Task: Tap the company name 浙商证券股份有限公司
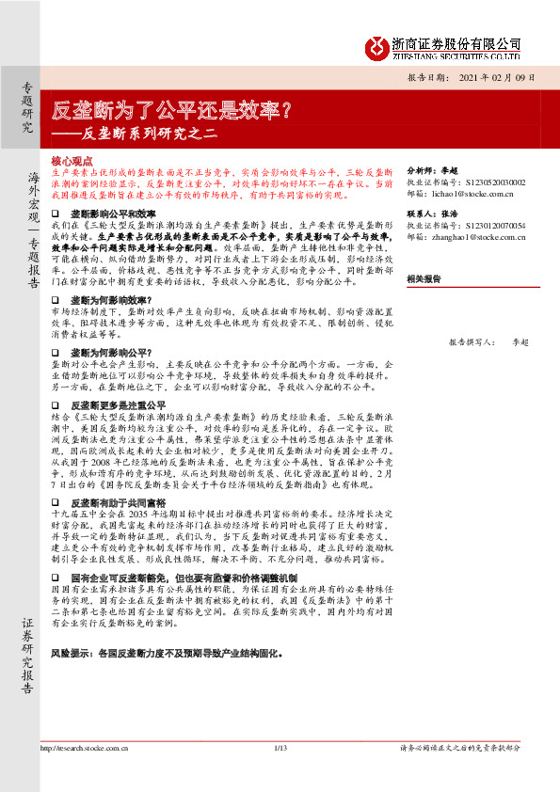[x=456, y=43]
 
